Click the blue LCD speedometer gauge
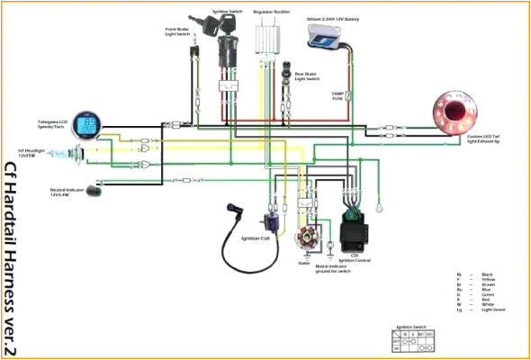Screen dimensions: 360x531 point(88,125)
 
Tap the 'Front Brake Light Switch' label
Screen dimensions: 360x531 point(177,31)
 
